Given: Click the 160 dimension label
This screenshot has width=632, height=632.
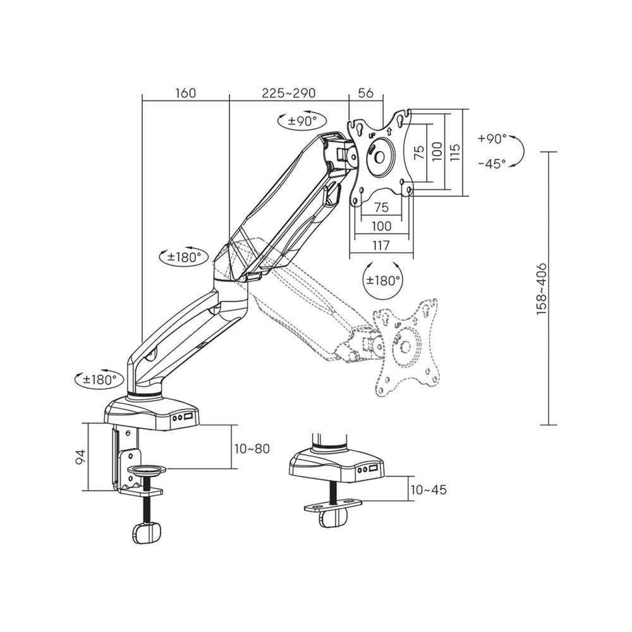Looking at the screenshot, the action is [185, 93].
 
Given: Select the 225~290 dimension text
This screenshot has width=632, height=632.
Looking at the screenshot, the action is [289, 93].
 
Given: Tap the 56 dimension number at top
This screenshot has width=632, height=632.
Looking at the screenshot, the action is [365, 93].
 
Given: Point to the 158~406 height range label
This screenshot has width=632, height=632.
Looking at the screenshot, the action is [542, 289].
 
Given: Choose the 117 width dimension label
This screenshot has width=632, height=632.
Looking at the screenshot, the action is [381, 245].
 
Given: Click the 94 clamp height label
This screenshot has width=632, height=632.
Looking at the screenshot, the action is [81, 457].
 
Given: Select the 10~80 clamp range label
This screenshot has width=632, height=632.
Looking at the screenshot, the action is [252, 449].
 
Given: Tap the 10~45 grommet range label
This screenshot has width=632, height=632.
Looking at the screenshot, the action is [428, 490].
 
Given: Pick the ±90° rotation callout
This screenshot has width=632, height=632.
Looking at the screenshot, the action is [302, 120].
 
